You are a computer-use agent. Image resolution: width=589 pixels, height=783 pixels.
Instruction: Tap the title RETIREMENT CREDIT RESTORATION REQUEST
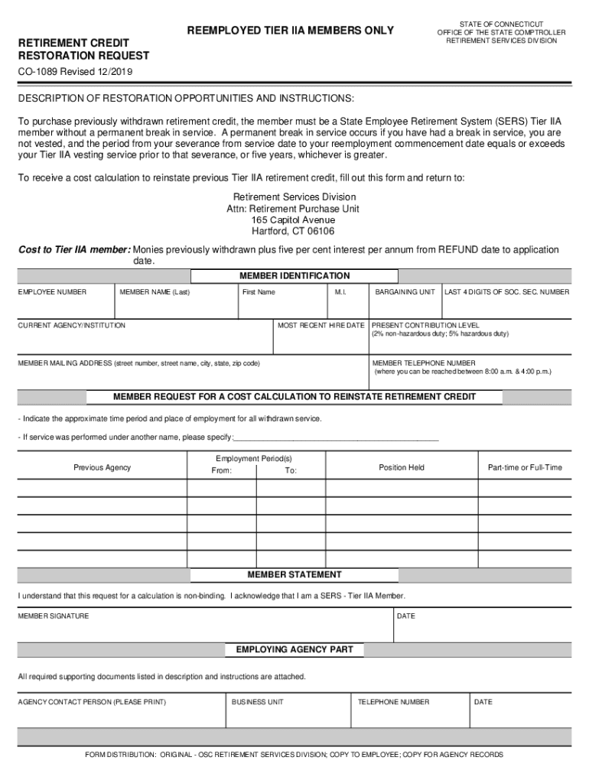(x=83, y=50)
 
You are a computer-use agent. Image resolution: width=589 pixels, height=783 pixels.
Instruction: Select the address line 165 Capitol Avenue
(x=294, y=219)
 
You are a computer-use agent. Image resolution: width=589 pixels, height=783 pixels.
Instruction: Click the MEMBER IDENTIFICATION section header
(x=294, y=276)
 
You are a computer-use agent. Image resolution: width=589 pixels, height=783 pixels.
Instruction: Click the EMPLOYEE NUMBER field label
(x=52, y=292)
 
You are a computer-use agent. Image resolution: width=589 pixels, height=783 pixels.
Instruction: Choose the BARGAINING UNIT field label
(x=405, y=292)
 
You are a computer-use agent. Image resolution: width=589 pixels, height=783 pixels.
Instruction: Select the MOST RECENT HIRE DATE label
(x=321, y=326)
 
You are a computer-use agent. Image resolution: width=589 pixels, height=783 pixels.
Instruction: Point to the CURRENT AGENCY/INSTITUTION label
(x=72, y=326)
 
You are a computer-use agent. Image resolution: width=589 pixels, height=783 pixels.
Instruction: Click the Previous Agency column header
(x=102, y=467)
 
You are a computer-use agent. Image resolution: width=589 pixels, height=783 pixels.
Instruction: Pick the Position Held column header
(x=401, y=467)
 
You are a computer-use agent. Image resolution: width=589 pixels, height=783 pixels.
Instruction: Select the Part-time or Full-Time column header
(x=524, y=467)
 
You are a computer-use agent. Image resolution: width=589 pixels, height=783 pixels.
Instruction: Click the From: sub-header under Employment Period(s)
(x=221, y=471)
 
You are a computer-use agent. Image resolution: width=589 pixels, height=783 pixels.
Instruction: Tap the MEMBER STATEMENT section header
(x=294, y=574)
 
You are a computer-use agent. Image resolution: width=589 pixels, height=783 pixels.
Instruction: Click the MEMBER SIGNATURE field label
(x=54, y=616)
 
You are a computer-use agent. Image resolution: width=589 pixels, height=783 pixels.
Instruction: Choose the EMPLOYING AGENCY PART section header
(x=294, y=649)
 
